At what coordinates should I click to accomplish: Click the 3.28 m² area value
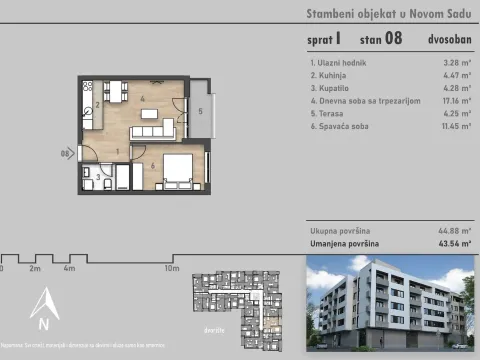pos(456,61)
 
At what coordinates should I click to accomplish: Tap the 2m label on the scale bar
pos(34,269)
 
